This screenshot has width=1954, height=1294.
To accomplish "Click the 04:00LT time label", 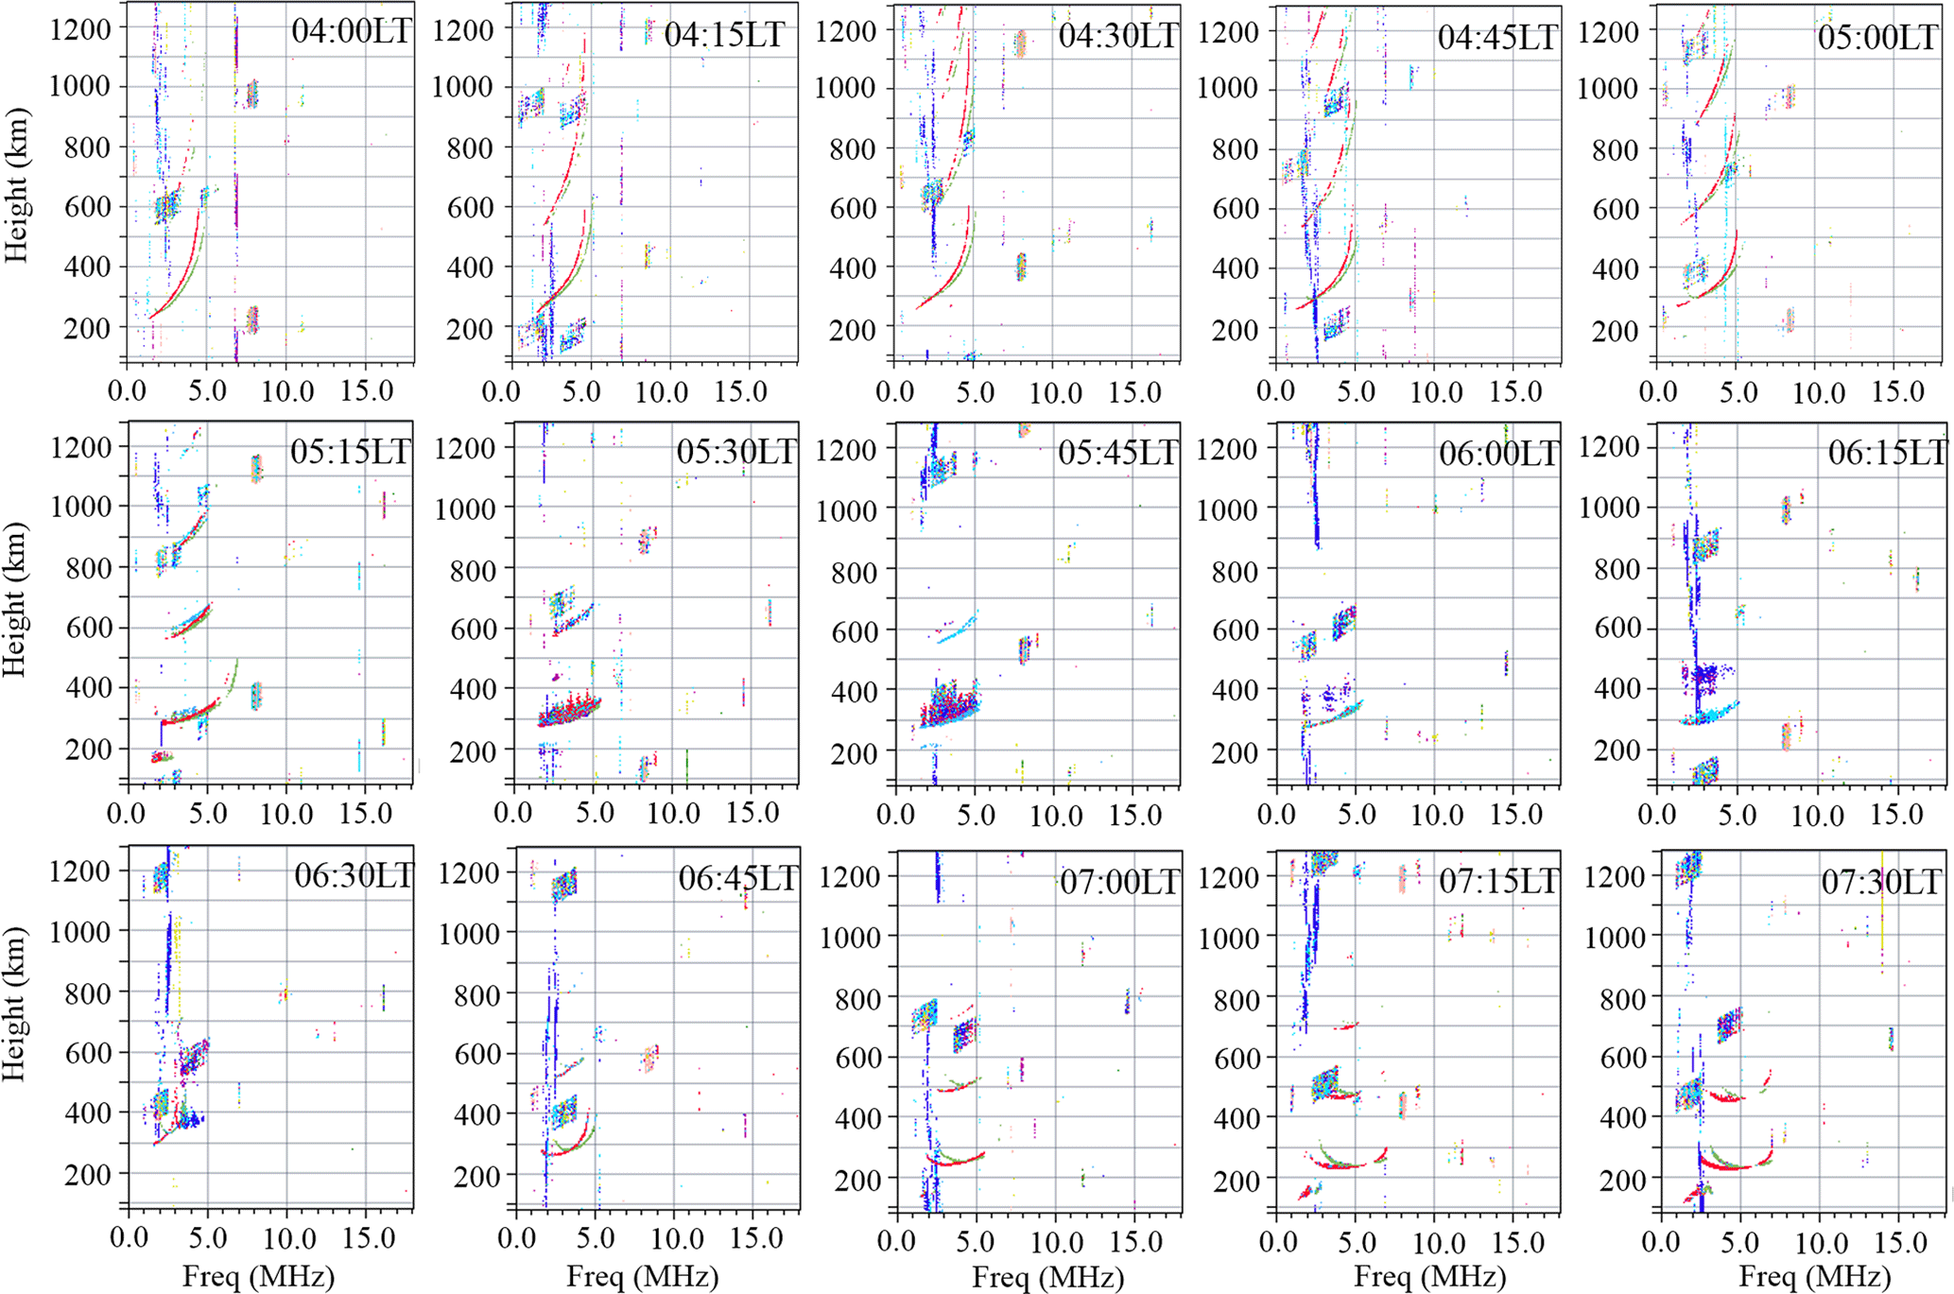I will pos(351,31).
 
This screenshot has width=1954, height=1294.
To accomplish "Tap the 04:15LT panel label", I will pos(724,35).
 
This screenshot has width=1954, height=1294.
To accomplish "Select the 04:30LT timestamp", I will pos(1118,36).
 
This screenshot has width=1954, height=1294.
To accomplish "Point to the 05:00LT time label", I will pos(1877,37).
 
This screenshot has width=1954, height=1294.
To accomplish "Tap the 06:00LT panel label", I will pos(1498,454).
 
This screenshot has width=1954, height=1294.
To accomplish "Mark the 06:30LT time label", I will pos(354,876).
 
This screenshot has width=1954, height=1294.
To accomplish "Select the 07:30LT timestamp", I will pos(1881,882).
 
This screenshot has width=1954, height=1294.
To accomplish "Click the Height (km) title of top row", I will pos(16,186).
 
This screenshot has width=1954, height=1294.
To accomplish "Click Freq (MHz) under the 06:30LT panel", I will pos(258,1277).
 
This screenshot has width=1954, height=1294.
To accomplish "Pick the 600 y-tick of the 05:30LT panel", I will pos(470,630).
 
